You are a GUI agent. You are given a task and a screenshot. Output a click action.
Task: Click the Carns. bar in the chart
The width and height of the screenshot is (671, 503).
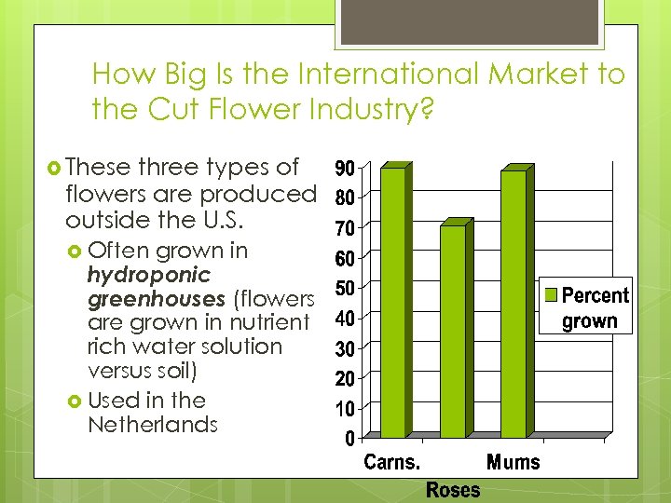392,303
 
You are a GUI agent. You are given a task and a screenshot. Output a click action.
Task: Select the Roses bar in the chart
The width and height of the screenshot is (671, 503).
452,332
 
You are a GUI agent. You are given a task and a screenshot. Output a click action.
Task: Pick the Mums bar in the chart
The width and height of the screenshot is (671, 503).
513,305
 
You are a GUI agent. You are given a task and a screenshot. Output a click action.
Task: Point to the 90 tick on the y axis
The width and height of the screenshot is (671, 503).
343,169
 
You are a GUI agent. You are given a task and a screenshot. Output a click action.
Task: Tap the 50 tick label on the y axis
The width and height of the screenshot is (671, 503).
343,288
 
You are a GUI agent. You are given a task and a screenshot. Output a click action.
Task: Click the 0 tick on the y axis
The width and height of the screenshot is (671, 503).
349,437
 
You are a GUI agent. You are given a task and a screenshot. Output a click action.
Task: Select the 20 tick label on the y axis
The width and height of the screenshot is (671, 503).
343,378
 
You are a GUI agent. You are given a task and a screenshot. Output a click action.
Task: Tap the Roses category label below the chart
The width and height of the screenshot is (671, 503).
453,489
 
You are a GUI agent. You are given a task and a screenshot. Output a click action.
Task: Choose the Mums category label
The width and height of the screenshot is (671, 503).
513,462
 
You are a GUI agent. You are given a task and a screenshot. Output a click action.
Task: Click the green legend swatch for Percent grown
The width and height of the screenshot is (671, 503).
551,295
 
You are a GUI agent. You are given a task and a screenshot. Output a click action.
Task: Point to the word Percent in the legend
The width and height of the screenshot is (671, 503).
596,296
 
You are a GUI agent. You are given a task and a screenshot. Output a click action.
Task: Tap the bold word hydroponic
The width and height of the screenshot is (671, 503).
148,275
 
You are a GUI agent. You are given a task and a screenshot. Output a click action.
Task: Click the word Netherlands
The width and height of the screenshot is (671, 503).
152,425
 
